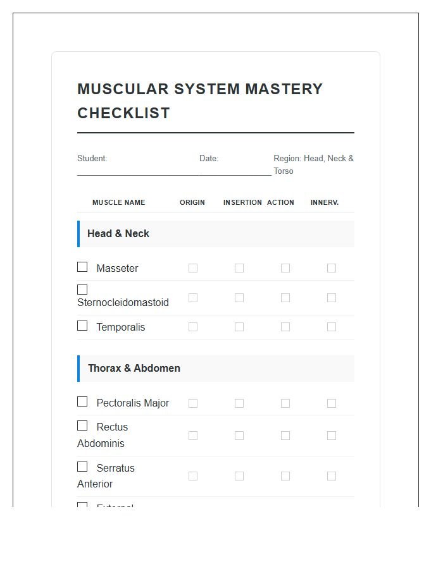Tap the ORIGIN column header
pyautogui.click(x=192, y=202)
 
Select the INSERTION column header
pyautogui.click(x=242, y=202)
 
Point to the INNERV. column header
pyautogui.click(x=325, y=202)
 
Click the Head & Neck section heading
pyautogui.click(x=118, y=234)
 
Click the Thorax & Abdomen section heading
pyautogui.click(x=134, y=369)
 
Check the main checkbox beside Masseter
pyautogui.click(x=82, y=267)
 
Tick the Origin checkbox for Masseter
pyautogui.click(x=193, y=268)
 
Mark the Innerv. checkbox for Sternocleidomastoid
pyautogui.click(x=332, y=298)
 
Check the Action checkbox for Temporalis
pyautogui.click(x=285, y=327)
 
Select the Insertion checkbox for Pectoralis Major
pyautogui.click(x=239, y=403)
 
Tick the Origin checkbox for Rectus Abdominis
pyautogui.click(x=193, y=436)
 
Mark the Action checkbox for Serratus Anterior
pyautogui.click(x=285, y=476)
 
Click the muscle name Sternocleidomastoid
pyautogui.click(x=123, y=303)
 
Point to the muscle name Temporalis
pyautogui.click(x=120, y=327)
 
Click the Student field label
pyautogui.click(x=92, y=159)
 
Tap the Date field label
pyautogui.click(x=209, y=159)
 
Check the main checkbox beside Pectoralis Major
pyautogui.click(x=82, y=401)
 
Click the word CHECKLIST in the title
pyautogui.click(x=123, y=113)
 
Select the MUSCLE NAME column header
pyautogui.click(x=118, y=202)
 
